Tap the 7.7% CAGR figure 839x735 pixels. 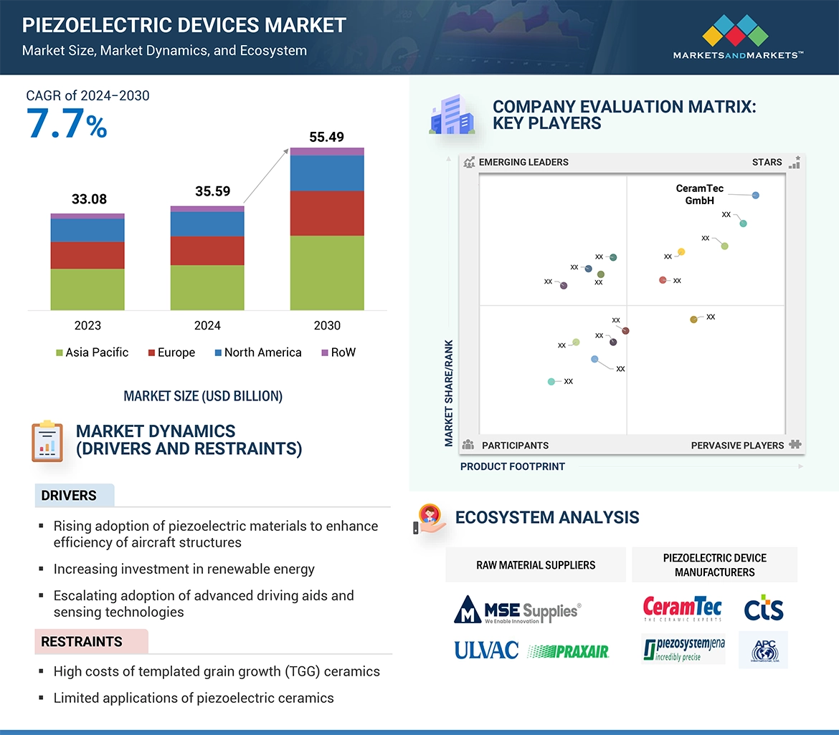tap(67, 123)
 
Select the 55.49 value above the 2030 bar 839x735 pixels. tap(326, 137)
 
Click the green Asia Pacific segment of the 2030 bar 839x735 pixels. tap(326, 273)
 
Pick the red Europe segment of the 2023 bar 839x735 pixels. tap(87, 255)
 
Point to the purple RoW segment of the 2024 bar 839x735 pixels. tap(207, 209)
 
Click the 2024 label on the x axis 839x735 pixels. tap(207, 325)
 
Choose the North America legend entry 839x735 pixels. tap(257, 352)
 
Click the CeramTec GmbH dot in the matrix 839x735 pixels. tap(755, 195)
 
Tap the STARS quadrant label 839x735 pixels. tap(767, 162)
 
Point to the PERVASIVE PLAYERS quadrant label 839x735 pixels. tap(737, 445)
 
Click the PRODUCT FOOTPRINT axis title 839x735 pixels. tap(512, 466)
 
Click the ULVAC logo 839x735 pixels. tap(485, 650)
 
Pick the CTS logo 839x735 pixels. tap(763, 610)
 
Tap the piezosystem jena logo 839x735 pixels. tap(683, 649)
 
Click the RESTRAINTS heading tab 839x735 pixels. tap(82, 641)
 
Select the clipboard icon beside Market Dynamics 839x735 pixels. tap(47, 441)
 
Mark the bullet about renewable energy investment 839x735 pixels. tap(184, 570)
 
